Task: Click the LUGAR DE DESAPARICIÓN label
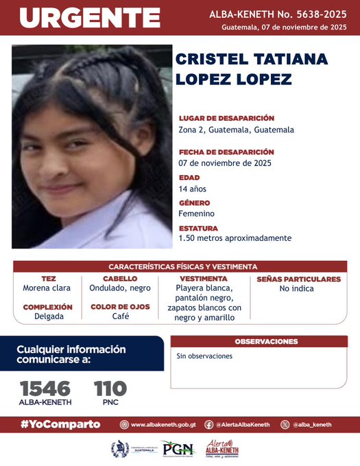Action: tap(226, 118)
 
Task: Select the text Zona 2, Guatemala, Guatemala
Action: tap(236, 130)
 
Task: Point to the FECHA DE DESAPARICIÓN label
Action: tap(226, 152)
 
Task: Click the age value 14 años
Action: tap(192, 189)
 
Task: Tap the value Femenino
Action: tap(196, 213)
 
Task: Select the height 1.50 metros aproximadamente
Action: tap(235, 238)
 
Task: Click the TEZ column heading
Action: tap(48, 279)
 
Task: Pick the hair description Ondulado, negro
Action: tap(120, 288)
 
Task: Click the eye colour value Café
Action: tap(121, 316)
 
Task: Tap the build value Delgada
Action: tap(48, 316)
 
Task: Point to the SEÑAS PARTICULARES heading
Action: tap(298, 279)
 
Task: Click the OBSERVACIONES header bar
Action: tap(265, 341)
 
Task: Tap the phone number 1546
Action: tap(45, 388)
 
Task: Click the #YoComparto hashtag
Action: tap(60, 425)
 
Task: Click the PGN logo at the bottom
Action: tap(178, 449)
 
